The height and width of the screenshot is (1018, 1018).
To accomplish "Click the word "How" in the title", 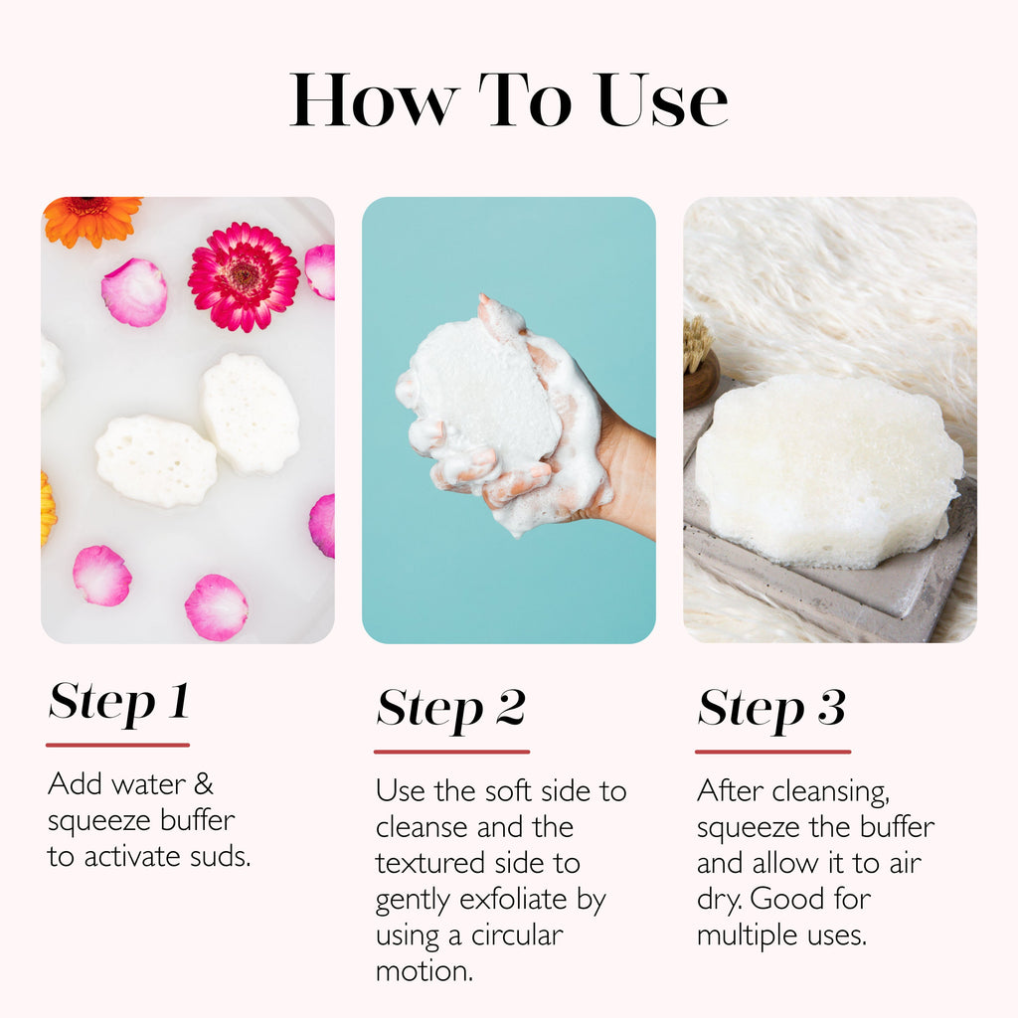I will click(x=374, y=100).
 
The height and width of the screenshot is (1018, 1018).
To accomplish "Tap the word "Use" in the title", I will click(x=662, y=100).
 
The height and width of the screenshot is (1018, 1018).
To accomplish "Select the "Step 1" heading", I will click(x=118, y=702).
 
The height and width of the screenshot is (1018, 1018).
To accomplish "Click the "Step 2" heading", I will click(x=450, y=709).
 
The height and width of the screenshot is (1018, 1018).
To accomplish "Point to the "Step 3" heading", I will click(x=771, y=709).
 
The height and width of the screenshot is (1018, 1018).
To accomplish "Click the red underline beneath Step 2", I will click(x=451, y=752).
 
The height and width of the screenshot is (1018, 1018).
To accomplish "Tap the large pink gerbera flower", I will click(x=244, y=275).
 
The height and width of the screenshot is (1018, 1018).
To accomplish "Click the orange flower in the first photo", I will click(x=91, y=219).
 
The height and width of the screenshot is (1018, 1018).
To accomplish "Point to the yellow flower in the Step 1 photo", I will click(x=47, y=508).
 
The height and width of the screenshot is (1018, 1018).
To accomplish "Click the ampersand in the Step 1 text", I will click(x=203, y=784).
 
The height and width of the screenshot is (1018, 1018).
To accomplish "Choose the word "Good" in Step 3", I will click(x=796, y=899).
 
